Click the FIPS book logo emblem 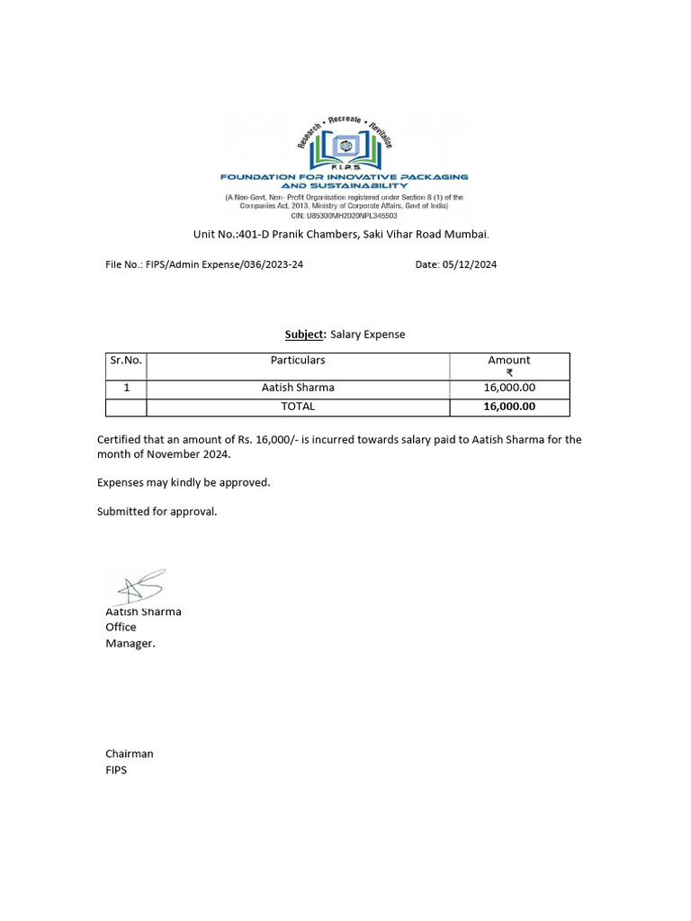pyautogui.click(x=345, y=146)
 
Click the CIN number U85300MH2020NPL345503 pyautogui.click(x=345, y=216)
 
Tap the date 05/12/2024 pyautogui.click(x=470, y=264)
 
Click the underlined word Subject pyautogui.click(x=304, y=335)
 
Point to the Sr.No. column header pyautogui.click(x=126, y=360)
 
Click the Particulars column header pyautogui.click(x=298, y=360)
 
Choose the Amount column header pyautogui.click(x=509, y=360)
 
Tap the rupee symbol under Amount pyautogui.click(x=509, y=372)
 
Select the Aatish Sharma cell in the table pyautogui.click(x=298, y=388)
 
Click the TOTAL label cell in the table pyautogui.click(x=298, y=407)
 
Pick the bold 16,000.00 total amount pyautogui.click(x=509, y=407)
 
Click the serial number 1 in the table pyautogui.click(x=126, y=388)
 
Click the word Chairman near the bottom pyautogui.click(x=130, y=754)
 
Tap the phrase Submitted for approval pyautogui.click(x=157, y=512)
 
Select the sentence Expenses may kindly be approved pyautogui.click(x=184, y=483)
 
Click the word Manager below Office pyautogui.click(x=130, y=643)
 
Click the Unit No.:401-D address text pyautogui.click(x=342, y=235)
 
